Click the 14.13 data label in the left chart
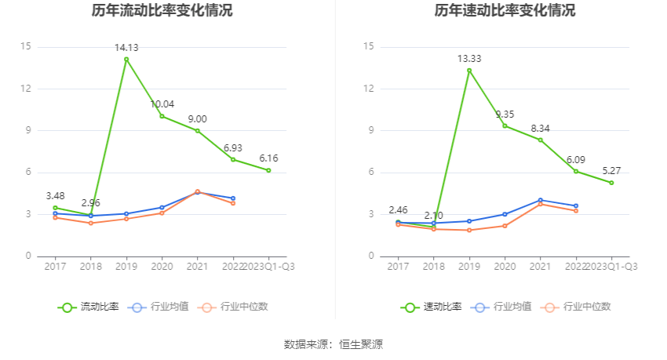pos(126,48)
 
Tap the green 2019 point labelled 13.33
pos(469,71)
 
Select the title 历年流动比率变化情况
pos(162,11)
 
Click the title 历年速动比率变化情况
pos(505,11)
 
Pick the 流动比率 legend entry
pos(89,307)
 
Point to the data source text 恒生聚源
pos(363,344)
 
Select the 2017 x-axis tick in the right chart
pos(398,267)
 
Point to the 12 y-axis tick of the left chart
pos(26,89)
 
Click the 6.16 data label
pos(268,158)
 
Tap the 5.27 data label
pos(611,171)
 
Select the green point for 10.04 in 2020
pos(162,116)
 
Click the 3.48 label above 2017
pos(55,195)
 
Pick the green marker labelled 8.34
pos(540,140)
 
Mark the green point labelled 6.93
pos(233,159)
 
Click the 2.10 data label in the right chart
pos(434,215)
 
